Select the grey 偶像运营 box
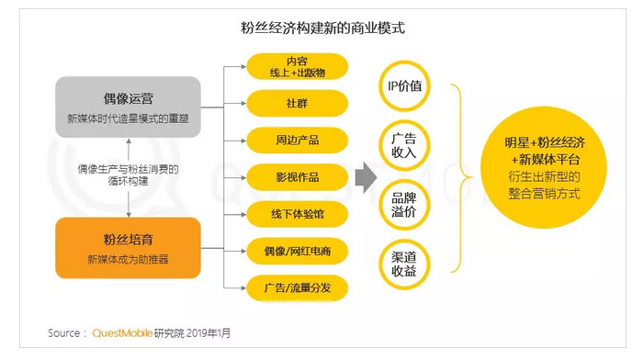(x=128, y=107)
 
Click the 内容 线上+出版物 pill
(x=284, y=66)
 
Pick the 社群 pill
(x=284, y=103)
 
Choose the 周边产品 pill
(x=284, y=140)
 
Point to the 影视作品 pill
(x=284, y=176)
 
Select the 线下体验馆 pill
(x=284, y=213)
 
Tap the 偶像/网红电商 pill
(x=284, y=250)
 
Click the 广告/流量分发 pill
(x=284, y=287)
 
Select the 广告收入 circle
(x=404, y=145)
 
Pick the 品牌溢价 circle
(x=404, y=204)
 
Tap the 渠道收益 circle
(x=404, y=264)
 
